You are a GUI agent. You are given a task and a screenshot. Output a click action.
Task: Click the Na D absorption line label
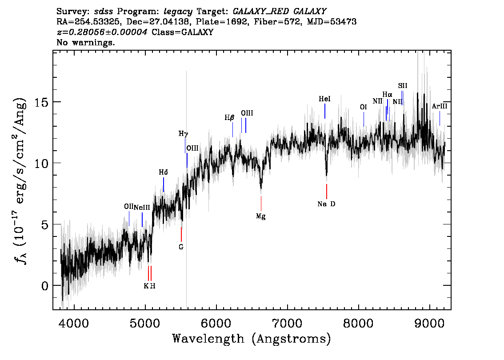[x=326, y=204]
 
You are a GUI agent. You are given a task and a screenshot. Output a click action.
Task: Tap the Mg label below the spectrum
[x=261, y=216]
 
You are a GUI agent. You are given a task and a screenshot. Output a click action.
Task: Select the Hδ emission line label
[x=163, y=172]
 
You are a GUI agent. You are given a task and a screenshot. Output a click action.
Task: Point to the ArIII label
[x=440, y=106]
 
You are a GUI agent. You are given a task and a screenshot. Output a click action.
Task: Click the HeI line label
[x=324, y=99]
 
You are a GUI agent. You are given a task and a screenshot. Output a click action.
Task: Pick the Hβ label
[x=229, y=118]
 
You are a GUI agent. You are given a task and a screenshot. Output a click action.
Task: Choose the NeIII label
[x=142, y=207]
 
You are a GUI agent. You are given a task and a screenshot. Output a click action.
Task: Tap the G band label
[x=181, y=247]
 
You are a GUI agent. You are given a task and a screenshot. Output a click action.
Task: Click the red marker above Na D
[x=327, y=192]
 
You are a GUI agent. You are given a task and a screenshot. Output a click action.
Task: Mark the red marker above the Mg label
[x=261, y=204]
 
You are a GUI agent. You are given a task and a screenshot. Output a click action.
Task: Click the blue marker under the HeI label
[x=325, y=111]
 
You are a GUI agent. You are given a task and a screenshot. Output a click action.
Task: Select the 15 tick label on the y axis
[x=41, y=102]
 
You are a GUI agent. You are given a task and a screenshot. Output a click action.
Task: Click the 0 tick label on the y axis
[x=45, y=286]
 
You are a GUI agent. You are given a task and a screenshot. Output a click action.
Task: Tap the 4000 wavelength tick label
[x=74, y=324]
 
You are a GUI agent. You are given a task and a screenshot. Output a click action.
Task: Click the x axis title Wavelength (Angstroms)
[x=252, y=339]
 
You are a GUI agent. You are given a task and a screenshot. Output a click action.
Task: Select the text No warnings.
[x=86, y=42]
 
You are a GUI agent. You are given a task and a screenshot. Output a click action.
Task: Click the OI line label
[x=363, y=107]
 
